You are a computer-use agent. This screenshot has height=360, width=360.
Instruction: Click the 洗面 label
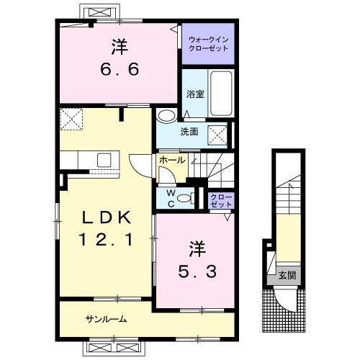pos(189,132)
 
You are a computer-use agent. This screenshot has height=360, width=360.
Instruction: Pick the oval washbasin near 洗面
pos(166,115)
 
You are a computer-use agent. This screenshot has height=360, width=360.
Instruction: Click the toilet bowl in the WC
pos(184,198)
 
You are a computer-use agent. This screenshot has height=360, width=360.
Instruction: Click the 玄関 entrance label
pos(287,274)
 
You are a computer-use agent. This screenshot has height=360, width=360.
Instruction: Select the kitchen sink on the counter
pos(103,159)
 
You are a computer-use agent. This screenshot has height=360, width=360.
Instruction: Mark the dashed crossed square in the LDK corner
pos(72,117)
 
